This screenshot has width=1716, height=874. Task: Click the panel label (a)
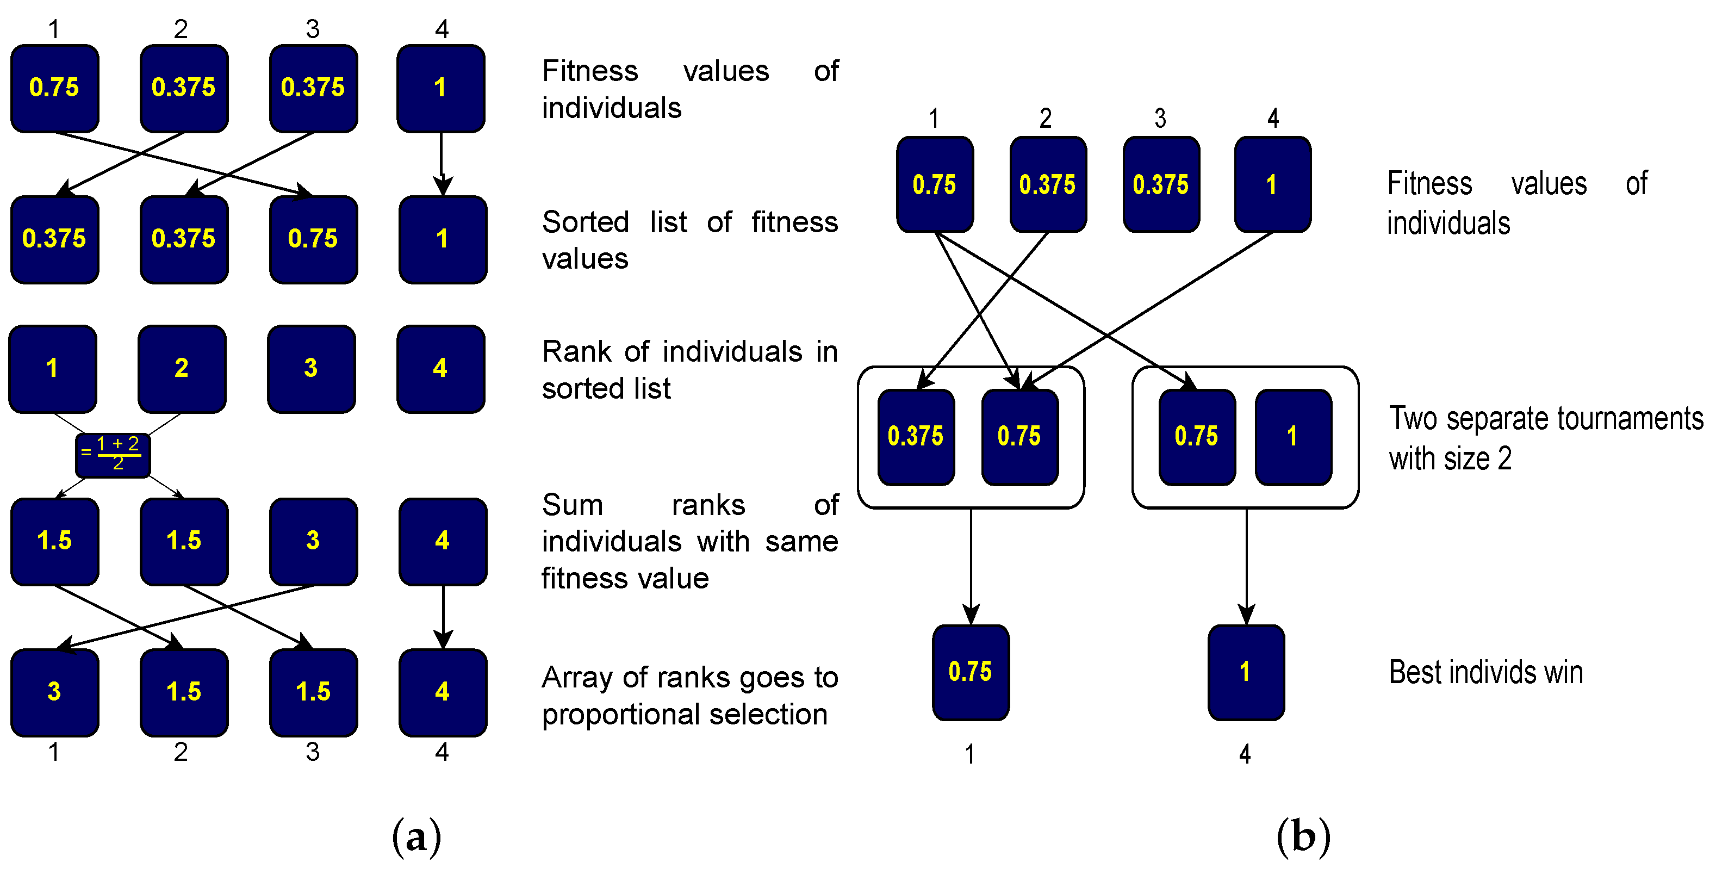(x=416, y=836)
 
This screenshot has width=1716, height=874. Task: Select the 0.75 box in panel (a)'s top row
(x=54, y=88)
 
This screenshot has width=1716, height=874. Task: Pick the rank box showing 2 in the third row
(x=182, y=368)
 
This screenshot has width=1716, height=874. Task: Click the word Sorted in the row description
(x=586, y=222)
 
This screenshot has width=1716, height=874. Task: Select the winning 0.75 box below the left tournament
(x=971, y=672)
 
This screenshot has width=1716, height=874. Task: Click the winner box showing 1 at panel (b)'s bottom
(x=1246, y=672)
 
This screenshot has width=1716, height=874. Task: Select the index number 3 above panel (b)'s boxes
(x=1160, y=119)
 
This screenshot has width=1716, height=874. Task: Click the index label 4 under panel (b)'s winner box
(x=1245, y=755)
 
